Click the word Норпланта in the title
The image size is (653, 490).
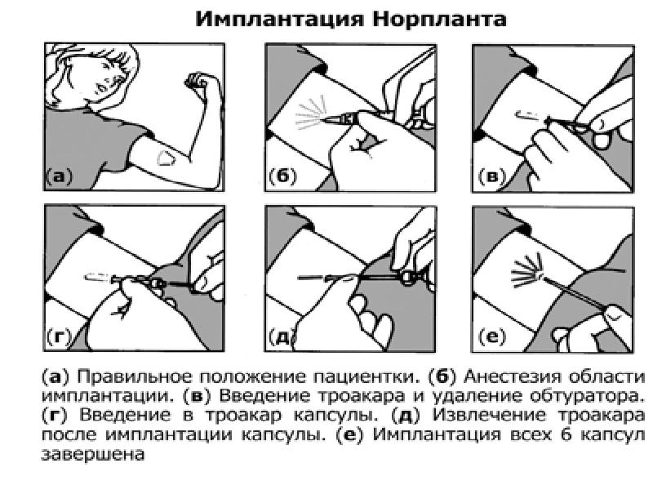pos(440,19)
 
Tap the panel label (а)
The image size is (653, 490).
pos(59,176)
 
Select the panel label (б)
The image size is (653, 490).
pos(282,176)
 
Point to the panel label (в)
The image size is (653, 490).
pos(492,176)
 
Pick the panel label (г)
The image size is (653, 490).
pos(58,336)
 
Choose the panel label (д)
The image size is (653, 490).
pos(282,336)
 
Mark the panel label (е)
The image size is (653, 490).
pos(492,336)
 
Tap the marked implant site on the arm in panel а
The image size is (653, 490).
pos(166,158)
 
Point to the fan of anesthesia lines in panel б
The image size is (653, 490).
pos(310,114)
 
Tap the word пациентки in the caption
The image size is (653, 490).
pos(366,378)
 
